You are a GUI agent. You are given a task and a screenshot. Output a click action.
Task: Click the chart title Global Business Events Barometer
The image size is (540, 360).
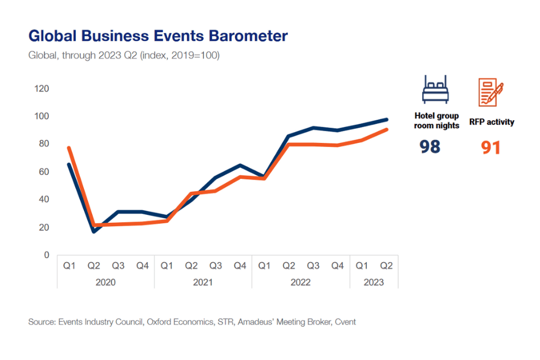(158, 37)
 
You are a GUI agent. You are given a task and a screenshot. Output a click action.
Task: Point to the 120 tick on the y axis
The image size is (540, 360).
(42, 89)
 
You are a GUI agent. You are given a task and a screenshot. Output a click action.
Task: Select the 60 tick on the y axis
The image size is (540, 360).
(44, 172)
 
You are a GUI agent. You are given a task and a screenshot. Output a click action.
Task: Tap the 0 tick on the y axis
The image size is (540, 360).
(47, 255)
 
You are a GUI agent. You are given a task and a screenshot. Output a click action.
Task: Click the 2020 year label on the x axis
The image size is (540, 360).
(105, 282)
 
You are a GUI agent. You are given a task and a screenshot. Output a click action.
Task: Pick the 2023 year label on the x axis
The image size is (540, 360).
(373, 282)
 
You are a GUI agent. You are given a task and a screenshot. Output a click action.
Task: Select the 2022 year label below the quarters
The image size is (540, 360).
(300, 282)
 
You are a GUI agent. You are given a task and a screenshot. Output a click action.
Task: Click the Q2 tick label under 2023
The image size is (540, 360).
(386, 265)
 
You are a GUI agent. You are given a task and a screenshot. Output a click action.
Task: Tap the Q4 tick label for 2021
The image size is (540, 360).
(240, 265)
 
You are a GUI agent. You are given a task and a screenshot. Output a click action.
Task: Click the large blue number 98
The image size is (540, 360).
(430, 147)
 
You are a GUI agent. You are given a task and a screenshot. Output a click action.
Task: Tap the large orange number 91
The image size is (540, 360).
(490, 147)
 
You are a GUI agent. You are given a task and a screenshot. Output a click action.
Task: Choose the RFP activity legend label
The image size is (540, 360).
(491, 121)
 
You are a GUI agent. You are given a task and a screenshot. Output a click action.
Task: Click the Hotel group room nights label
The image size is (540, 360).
(436, 120)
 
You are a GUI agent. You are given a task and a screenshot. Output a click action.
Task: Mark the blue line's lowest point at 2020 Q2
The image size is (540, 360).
(93, 232)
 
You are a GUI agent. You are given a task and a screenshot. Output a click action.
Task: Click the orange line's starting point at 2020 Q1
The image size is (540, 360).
(69, 148)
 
